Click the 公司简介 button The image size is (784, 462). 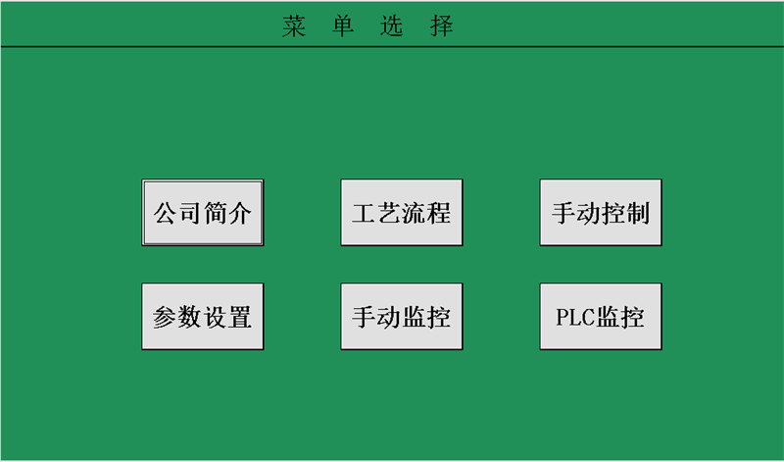click(203, 212)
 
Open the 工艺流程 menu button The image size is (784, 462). click(402, 212)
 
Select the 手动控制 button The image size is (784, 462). click(601, 212)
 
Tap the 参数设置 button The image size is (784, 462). click(203, 317)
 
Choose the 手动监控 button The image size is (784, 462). click(402, 317)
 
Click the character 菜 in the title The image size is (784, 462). click(293, 26)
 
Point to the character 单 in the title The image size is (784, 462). click(343, 26)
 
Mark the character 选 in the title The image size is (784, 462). click(392, 26)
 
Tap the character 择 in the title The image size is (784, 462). click(442, 26)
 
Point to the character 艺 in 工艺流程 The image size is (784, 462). click(389, 213)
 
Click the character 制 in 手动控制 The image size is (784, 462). click(638, 213)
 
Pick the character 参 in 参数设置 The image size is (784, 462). click(165, 318)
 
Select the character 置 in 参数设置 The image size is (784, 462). click(239, 318)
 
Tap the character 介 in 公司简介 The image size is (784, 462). click(239, 213)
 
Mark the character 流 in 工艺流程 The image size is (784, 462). click(414, 213)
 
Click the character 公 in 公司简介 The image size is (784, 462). click(165, 213)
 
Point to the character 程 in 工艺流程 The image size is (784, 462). click(438, 213)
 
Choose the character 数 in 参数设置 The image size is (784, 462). click(190, 318)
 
